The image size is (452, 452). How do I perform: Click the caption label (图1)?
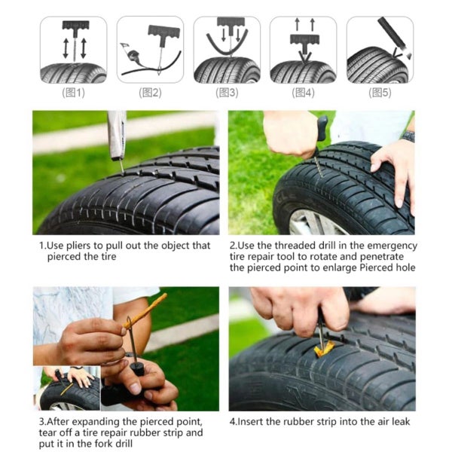73,93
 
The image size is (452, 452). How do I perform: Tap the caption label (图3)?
227,93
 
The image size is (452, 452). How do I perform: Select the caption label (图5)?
380,93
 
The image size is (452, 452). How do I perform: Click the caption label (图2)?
150,93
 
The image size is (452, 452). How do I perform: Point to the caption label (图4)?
304,93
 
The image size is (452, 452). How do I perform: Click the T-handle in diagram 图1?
75,26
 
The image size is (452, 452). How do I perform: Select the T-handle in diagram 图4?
304,41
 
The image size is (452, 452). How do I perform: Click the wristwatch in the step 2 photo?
408,136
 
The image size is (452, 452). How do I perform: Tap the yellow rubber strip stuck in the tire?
324,350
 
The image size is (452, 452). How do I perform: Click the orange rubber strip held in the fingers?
145,310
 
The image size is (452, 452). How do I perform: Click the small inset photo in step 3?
67,388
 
